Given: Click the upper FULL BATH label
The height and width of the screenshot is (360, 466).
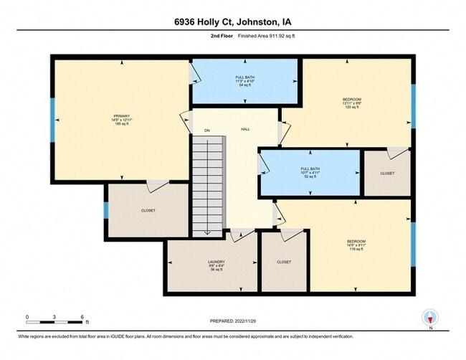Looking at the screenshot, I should pyautogui.click(x=244, y=77).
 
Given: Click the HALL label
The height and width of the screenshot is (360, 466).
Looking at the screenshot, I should pyautogui.click(x=245, y=130).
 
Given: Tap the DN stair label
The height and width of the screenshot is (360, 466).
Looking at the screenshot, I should pyautogui.click(x=206, y=131).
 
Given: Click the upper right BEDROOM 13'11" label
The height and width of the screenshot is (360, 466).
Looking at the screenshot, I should pyautogui.click(x=351, y=99).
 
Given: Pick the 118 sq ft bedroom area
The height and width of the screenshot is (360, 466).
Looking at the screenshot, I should pyautogui.click(x=356, y=250).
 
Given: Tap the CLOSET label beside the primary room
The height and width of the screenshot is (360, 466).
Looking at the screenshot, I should pyautogui.click(x=148, y=210).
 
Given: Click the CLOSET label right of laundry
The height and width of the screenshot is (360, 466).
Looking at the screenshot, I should pyautogui.click(x=284, y=262).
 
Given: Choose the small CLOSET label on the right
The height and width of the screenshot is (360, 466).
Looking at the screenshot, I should pyautogui.click(x=387, y=173).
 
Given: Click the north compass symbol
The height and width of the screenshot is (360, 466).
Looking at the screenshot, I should pyautogui.click(x=429, y=318).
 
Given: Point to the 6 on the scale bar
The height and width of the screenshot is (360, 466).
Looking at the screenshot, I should pyautogui.click(x=83, y=316).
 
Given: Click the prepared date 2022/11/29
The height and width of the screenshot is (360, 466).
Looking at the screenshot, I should pyautogui.click(x=232, y=321).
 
